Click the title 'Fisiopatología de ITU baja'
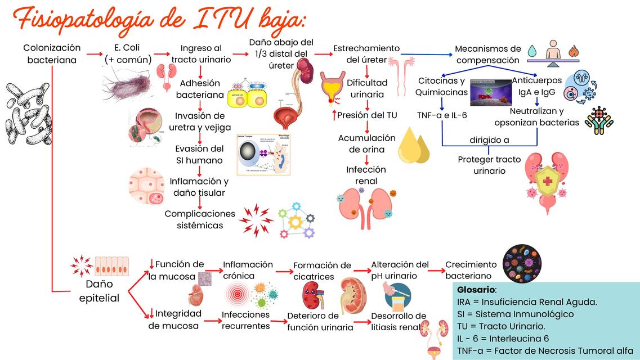click(160, 21)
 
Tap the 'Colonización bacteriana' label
click(52, 53)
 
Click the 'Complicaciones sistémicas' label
click(199, 219)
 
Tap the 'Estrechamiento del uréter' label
click(366, 54)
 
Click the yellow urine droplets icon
click(413, 145)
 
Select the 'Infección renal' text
click(366, 175)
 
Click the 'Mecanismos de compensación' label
click(487, 55)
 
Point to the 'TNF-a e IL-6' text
click(442, 115)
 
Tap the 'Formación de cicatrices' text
click(322, 271)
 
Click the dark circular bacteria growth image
click(521, 263)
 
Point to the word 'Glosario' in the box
click(476, 290)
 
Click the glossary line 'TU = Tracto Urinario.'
click(501, 326)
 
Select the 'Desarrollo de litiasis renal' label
click(399, 321)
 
